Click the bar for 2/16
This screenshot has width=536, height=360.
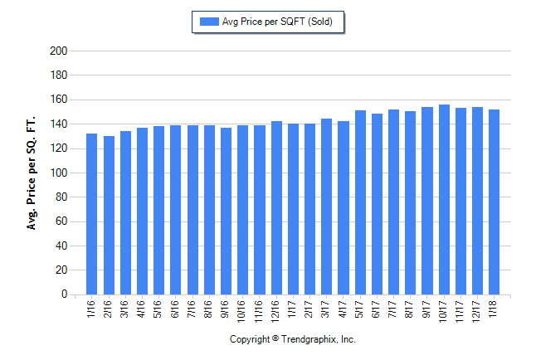coord(109,215)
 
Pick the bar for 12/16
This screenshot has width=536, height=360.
coord(276,207)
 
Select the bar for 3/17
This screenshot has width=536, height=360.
coord(326,207)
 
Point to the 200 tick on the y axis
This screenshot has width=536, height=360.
coord(58,51)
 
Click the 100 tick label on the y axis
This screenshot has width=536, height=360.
coord(58,173)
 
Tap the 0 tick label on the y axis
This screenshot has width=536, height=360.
coord(63,294)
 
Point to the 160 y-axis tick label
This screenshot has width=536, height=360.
coord(58,100)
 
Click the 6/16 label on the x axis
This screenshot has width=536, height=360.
coord(175,309)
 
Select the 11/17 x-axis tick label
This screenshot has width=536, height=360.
coord(460,310)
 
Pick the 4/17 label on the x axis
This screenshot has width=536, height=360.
coord(343,309)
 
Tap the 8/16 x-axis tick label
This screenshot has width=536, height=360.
coord(209,309)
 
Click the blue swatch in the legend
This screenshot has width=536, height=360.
coord(207,22)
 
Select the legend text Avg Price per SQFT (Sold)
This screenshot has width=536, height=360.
coord(277,22)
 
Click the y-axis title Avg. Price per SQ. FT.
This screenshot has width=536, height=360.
coord(32,173)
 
